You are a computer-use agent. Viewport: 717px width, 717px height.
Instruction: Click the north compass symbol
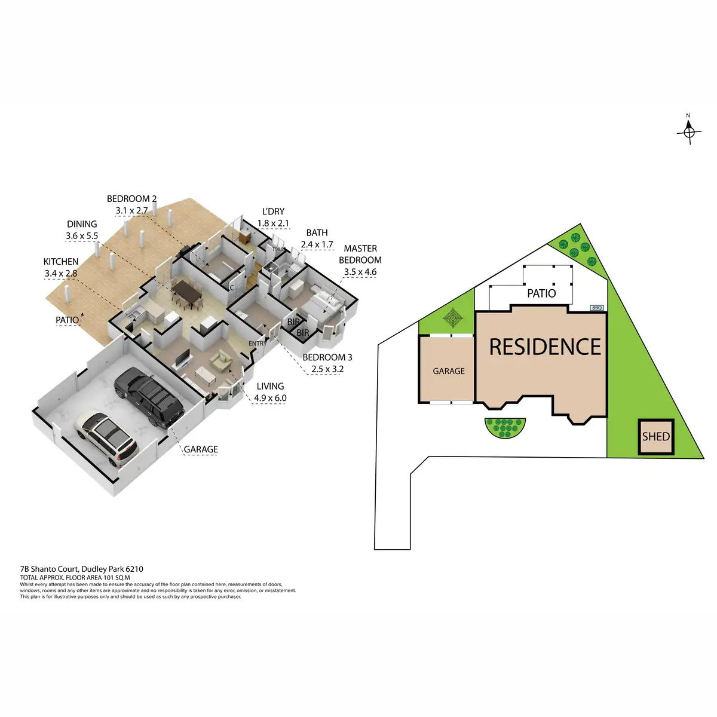688,131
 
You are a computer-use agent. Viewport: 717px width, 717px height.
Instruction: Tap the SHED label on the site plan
655,437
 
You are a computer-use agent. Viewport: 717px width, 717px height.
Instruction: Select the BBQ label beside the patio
597,308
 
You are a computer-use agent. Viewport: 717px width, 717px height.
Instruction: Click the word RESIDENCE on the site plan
545,347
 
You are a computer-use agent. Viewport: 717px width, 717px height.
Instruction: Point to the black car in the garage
149,397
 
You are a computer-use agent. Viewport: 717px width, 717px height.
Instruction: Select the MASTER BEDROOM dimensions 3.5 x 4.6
360,272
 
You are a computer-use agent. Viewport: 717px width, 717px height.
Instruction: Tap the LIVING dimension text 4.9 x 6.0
270,398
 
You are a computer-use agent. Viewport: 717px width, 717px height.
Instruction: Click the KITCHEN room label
61,262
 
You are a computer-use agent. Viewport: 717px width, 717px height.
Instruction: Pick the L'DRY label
273,212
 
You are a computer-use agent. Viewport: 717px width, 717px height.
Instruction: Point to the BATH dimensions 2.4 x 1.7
317,244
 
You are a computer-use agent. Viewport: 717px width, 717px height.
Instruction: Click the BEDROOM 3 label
327,357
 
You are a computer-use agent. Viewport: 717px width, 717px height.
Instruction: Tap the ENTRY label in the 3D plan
258,344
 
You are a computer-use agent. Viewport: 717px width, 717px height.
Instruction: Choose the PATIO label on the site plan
541,293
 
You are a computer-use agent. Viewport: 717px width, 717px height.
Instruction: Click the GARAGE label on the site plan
448,371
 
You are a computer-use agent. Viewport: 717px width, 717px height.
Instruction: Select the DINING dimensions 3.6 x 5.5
82,236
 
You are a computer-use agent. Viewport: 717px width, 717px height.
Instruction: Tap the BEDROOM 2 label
131,199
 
